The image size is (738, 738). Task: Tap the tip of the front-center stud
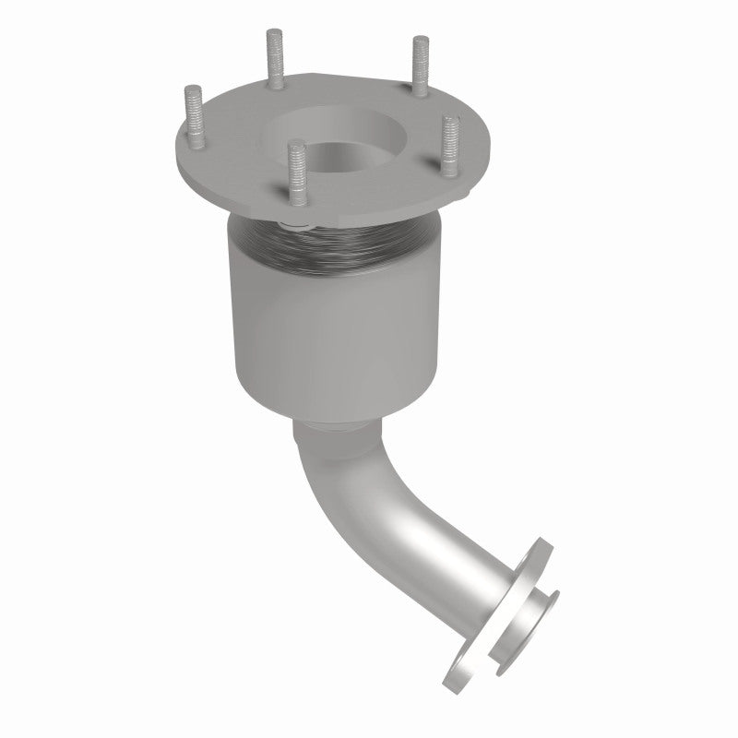pyautogui.click(x=294, y=145)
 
